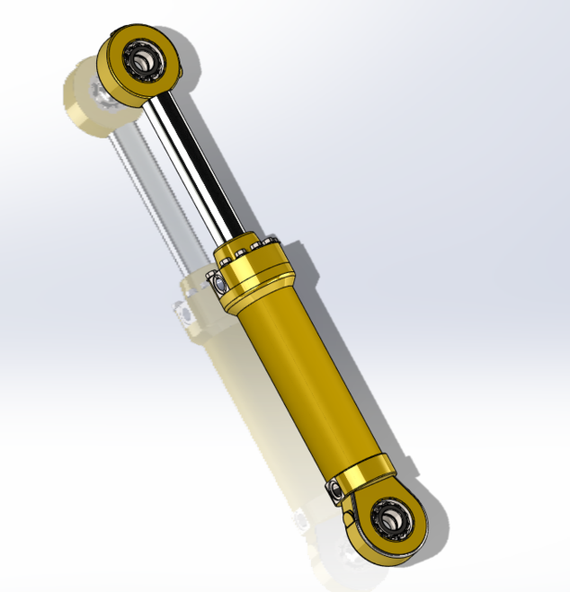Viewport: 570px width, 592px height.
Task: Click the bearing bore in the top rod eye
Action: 143,61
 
